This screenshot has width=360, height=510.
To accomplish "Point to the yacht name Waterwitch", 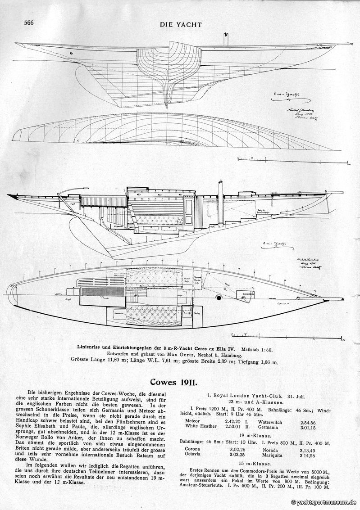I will click(270, 422).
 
